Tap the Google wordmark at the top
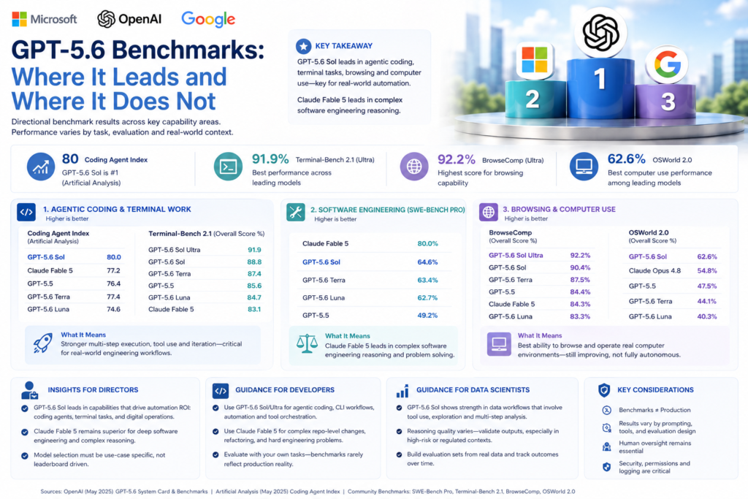(x=208, y=19)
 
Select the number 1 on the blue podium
(x=600, y=79)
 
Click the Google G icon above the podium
(x=667, y=64)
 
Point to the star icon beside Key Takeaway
(x=303, y=46)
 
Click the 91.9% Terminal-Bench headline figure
(x=270, y=159)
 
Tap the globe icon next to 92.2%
(x=414, y=167)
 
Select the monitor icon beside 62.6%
(x=584, y=167)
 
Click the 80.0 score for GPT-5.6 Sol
(x=113, y=257)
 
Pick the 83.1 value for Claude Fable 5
(x=254, y=309)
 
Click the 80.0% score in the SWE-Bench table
(x=427, y=243)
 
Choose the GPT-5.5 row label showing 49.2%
(x=316, y=316)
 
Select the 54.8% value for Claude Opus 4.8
(x=707, y=270)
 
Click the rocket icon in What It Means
(x=42, y=343)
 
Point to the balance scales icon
(x=307, y=343)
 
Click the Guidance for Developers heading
(x=285, y=389)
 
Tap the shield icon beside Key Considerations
(x=604, y=390)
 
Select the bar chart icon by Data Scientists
(x=402, y=391)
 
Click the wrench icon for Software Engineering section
(x=296, y=212)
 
